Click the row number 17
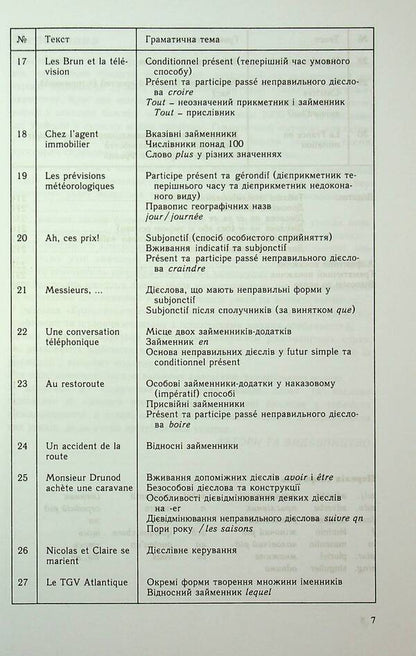click(23, 72)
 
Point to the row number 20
click(23, 237)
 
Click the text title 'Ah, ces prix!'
click(73, 237)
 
